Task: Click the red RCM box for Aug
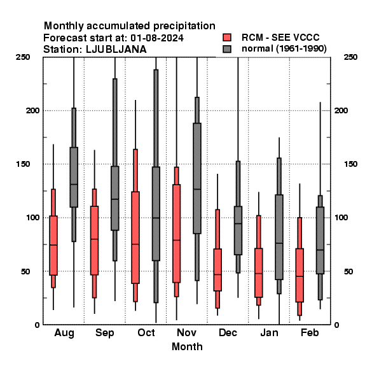click(x=53, y=245)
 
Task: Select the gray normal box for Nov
click(x=197, y=178)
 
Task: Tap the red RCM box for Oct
click(x=135, y=237)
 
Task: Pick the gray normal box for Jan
click(x=279, y=237)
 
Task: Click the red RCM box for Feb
click(x=300, y=275)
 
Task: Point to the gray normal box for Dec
click(x=238, y=230)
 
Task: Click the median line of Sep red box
click(x=94, y=239)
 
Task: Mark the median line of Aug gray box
click(x=74, y=185)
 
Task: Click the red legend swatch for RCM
click(x=227, y=38)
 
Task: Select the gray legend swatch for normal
click(x=227, y=49)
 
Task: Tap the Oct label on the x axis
click(x=146, y=332)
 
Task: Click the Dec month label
click(x=228, y=332)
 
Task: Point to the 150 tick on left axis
click(x=23, y=164)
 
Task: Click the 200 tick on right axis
click(x=341, y=110)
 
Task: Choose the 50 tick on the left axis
click(x=25, y=271)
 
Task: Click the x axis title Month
click(x=187, y=346)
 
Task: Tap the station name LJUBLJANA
click(x=116, y=50)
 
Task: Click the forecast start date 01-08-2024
click(x=157, y=38)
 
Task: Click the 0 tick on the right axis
click(x=336, y=325)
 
